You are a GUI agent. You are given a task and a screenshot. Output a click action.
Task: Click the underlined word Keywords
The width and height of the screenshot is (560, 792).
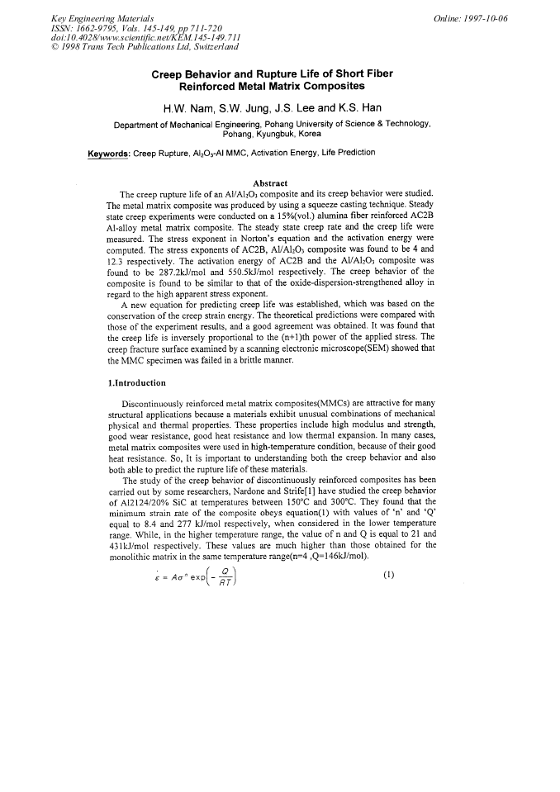109,153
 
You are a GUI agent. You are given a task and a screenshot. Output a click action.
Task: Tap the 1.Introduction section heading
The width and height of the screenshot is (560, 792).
136,382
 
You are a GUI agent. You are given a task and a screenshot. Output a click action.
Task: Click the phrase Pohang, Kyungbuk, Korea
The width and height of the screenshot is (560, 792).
272,134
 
